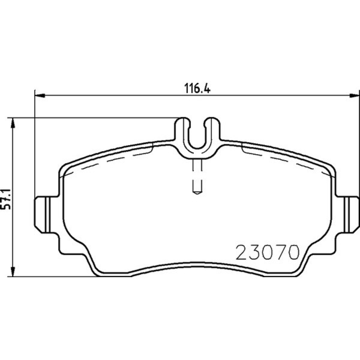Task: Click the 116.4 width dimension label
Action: (197, 88)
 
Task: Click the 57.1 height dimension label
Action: (6, 199)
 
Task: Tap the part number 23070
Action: (268, 252)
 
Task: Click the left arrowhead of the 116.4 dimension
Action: (40, 95)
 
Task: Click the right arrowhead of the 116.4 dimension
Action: (354, 95)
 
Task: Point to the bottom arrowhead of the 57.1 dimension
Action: (13, 271)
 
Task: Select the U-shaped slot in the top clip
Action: (197, 147)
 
